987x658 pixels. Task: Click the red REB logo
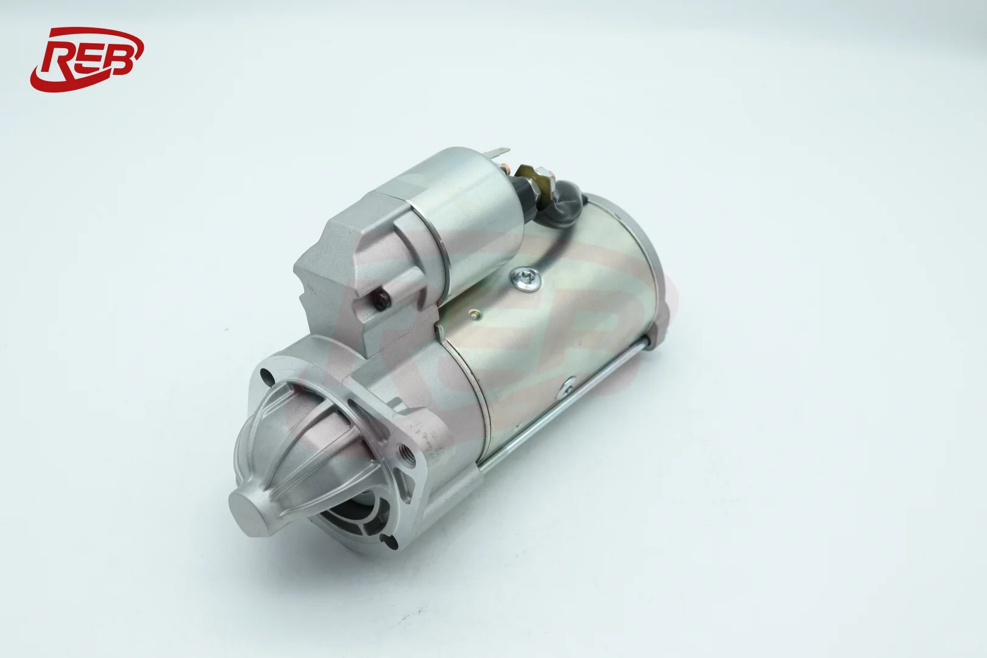click(x=87, y=60)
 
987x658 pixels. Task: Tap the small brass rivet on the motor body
click(x=475, y=314)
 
